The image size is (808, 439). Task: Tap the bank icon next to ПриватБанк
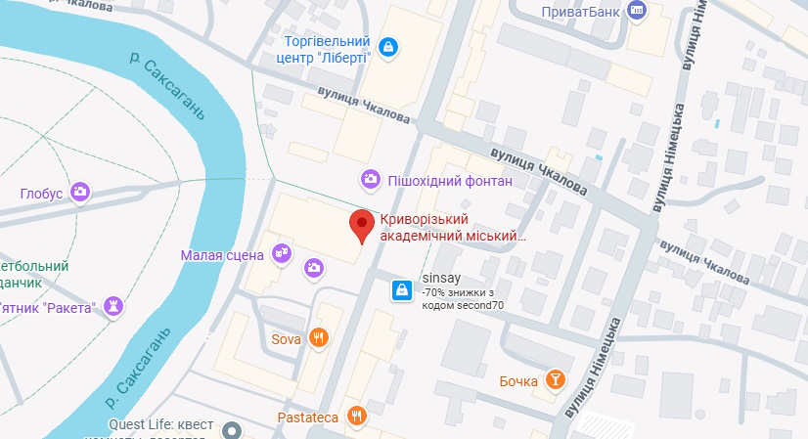click(638, 11)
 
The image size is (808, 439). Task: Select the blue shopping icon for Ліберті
click(389, 46)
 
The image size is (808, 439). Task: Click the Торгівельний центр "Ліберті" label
click(326, 50)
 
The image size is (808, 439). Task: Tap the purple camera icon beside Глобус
click(81, 193)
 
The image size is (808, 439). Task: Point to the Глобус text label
click(41, 194)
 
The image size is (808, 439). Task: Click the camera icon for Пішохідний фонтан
click(370, 179)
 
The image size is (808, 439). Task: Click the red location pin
click(363, 227)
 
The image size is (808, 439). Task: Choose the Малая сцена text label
click(222, 255)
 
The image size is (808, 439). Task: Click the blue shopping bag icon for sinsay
click(401, 290)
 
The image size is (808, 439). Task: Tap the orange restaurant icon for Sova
click(318, 339)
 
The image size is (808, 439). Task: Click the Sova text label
click(286, 340)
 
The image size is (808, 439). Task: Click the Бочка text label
click(518, 380)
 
